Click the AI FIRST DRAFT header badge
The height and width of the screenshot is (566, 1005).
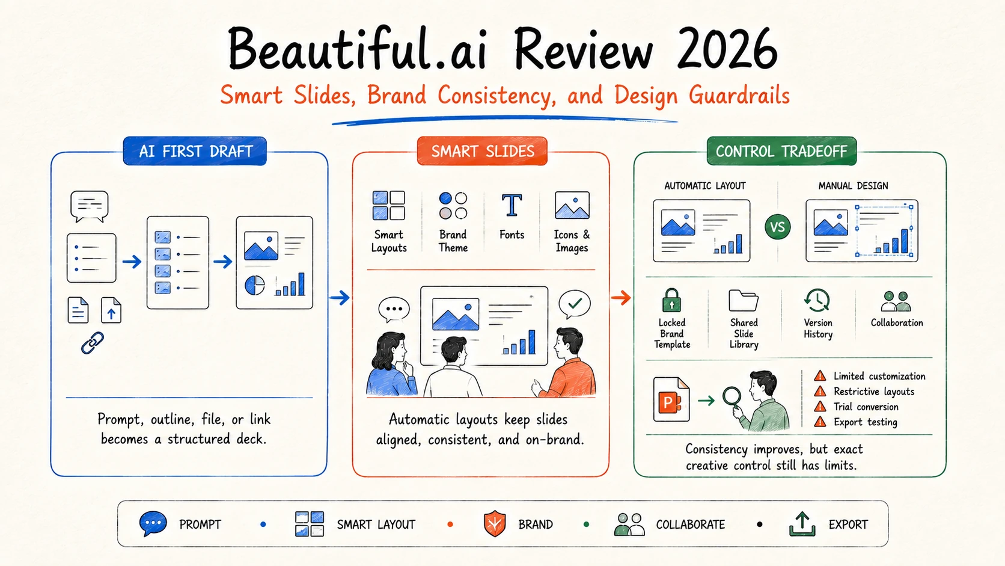click(x=195, y=151)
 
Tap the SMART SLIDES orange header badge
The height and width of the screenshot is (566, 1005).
click(x=482, y=151)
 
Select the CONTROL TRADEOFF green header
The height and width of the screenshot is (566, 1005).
click(x=781, y=151)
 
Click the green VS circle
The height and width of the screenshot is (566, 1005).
click(x=778, y=227)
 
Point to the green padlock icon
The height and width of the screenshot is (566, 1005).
click(x=671, y=300)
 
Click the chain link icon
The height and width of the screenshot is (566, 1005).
click(x=93, y=343)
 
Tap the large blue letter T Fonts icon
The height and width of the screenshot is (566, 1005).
click(x=512, y=205)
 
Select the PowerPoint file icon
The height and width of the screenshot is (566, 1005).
click(x=671, y=399)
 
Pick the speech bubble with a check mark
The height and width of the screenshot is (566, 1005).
click(x=574, y=304)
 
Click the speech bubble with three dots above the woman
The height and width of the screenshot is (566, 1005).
click(x=394, y=309)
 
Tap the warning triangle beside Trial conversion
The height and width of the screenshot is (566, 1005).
click(x=820, y=407)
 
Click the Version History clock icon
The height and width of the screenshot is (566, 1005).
click(x=817, y=300)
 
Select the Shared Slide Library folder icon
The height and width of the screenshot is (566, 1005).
click(x=744, y=300)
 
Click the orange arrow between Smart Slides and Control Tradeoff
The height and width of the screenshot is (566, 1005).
click(x=621, y=298)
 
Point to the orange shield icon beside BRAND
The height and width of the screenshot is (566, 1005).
click(x=495, y=524)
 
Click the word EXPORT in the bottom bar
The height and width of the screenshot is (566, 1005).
click(x=848, y=524)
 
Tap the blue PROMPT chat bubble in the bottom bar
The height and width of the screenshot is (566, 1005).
click(x=153, y=523)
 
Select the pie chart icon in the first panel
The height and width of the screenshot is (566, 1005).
click(x=255, y=286)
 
